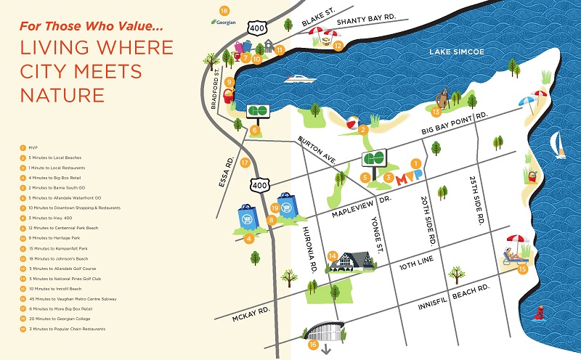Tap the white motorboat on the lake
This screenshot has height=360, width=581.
tap(298, 81)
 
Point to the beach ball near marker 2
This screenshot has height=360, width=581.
tap(352, 122)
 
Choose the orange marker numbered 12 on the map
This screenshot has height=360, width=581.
tap(338, 45)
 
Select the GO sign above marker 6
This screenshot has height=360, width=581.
tap(258, 111)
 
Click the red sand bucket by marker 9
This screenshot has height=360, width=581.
tap(228, 97)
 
